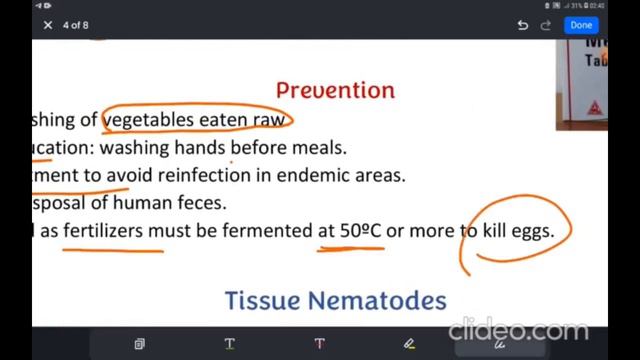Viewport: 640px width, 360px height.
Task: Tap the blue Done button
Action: point(581,25)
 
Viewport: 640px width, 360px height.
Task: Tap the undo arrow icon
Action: point(523,26)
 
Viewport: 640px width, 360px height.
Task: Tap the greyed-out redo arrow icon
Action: point(546,26)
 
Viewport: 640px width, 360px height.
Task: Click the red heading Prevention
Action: point(335,90)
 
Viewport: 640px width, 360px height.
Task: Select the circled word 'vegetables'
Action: point(148,120)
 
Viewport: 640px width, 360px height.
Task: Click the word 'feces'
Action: point(204,203)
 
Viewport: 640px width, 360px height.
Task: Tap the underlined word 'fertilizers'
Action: point(113,231)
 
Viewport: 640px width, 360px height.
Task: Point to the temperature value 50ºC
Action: point(360,231)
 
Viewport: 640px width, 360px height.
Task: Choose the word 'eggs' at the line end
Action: point(532,231)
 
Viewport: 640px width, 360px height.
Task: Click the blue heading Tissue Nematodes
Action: point(335,300)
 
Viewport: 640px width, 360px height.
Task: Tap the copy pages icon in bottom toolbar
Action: point(140,344)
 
